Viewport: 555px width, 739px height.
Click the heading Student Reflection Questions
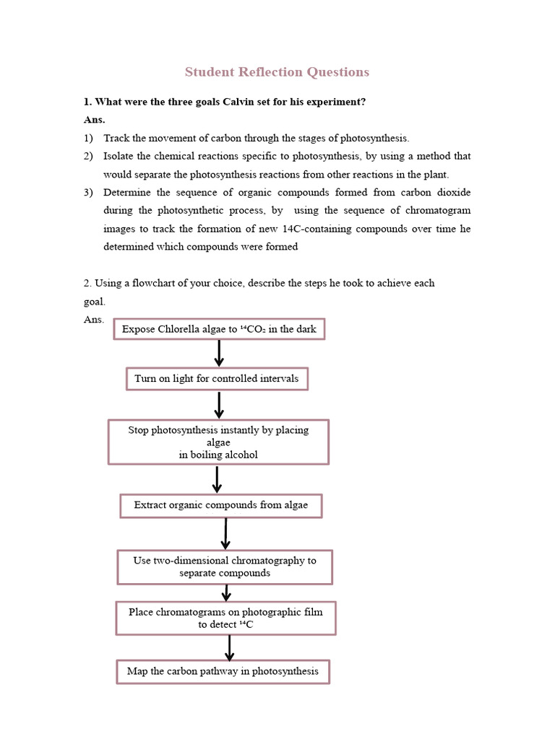pyautogui.click(x=277, y=71)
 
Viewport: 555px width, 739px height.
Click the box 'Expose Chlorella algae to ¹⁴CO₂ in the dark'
pyautogui.click(x=219, y=329)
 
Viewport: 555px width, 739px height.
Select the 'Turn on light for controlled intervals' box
pyautogui.click(x=217, y=379)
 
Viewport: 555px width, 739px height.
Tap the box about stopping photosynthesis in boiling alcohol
pyautogui.click(x=218, y=442)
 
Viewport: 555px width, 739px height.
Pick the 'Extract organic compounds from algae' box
pyautogui.click(x=220, y=505)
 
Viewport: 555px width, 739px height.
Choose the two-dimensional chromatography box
pyautogui.click(x=225, y=567)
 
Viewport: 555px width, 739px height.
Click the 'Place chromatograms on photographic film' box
pyautogui.click(x=225, y=618)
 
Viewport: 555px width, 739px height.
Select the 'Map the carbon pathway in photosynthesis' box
pyautogui.click(x=223, y=671)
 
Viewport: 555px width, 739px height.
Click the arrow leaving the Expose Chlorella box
pyautogui.click(x=219, y=353)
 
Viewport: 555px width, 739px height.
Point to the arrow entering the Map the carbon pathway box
pyautogui.click(x=229, y=647)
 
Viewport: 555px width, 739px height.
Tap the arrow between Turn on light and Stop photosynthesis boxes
pyautogui.click(x=218, y=405)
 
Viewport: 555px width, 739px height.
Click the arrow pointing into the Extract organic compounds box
pyautogui.click(x=217, y=479)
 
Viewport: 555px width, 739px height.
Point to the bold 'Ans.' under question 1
pyautogui.click(x=94, y=120)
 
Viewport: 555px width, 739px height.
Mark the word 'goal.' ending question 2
pyautogui.click(x=95, y=302)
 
